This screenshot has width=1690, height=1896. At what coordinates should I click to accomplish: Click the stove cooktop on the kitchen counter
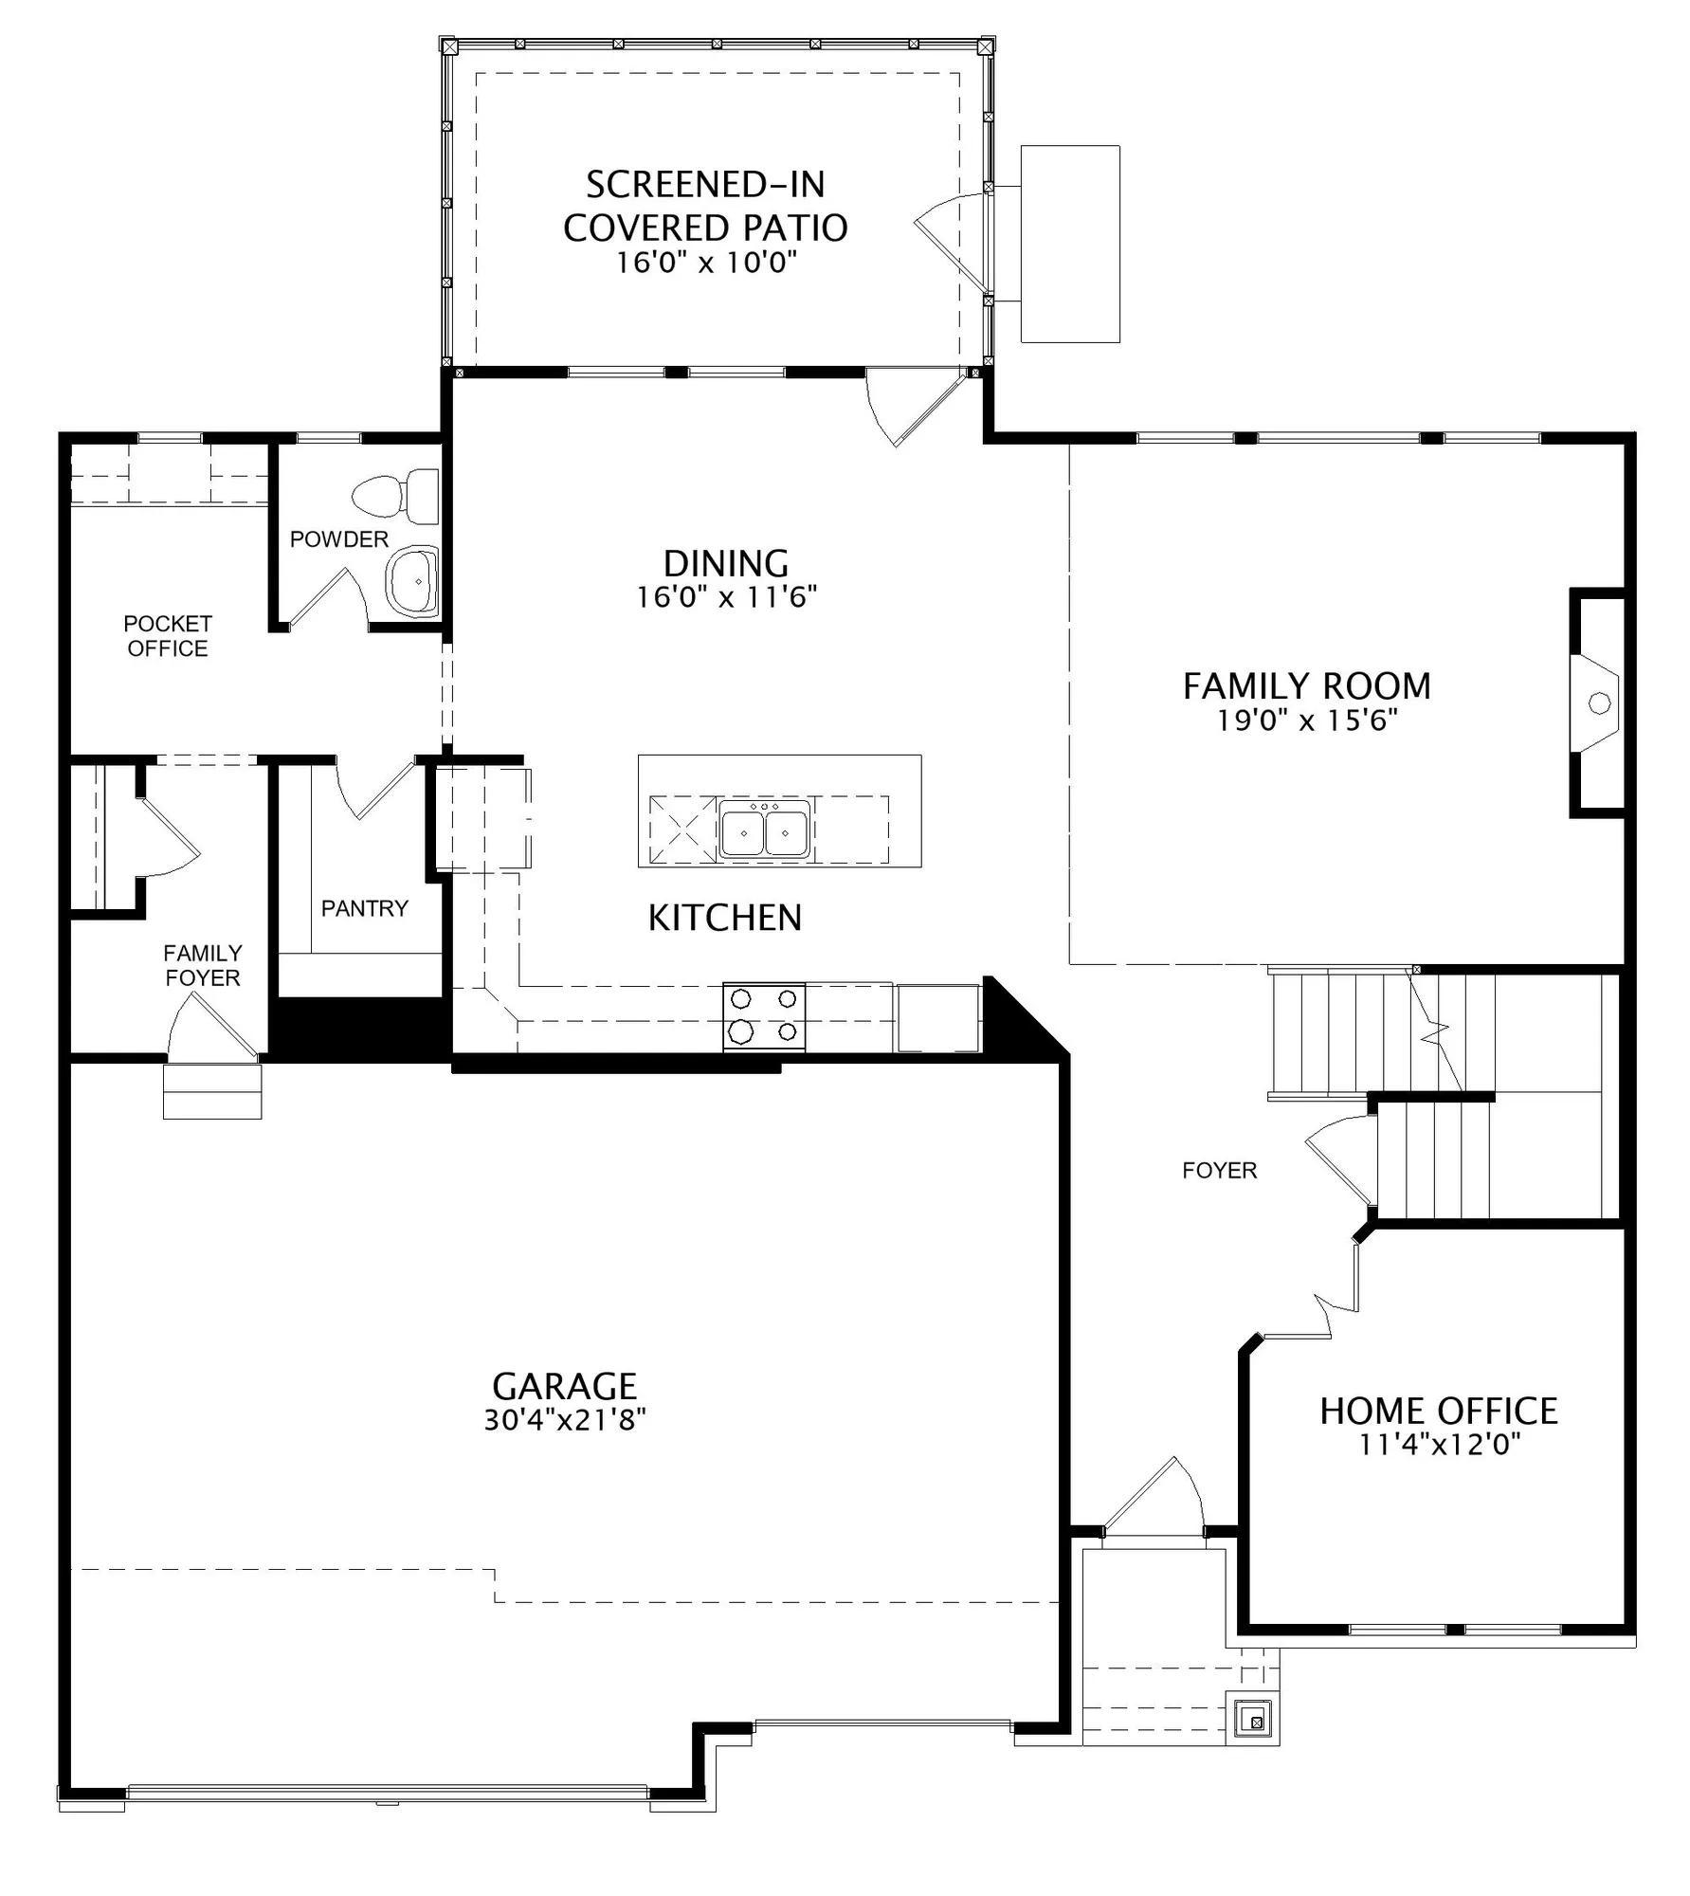[x=764, y=1015]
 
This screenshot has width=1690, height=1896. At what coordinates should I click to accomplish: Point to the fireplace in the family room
[x=1597, y=702]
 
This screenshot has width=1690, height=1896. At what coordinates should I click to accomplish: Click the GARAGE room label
[x=564, y=1386]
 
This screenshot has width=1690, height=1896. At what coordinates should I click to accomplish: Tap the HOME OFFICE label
[x=1438, y=1411]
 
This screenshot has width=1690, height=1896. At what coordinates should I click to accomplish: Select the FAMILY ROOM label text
[x=1307, y=685]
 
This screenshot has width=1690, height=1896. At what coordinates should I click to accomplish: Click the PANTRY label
[x=365, y=908]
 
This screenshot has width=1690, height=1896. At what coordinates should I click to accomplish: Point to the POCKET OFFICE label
[x=168, y=636]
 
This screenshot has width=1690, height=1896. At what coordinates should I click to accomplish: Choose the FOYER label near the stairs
[x=1220, y=1171]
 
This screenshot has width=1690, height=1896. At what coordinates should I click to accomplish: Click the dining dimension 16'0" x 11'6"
[x=726, y=598]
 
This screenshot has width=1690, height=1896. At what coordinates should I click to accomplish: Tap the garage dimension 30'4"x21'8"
[x=565, y=1420]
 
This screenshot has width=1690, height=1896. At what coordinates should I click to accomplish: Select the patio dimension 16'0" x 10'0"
[x=705, y=263]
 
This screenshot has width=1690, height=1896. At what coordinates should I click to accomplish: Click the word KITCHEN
[x=725, y=918]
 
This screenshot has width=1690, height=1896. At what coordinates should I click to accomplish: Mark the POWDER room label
[x=339, y=539]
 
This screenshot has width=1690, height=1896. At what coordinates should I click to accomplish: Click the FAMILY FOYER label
[x=203, y=965]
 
